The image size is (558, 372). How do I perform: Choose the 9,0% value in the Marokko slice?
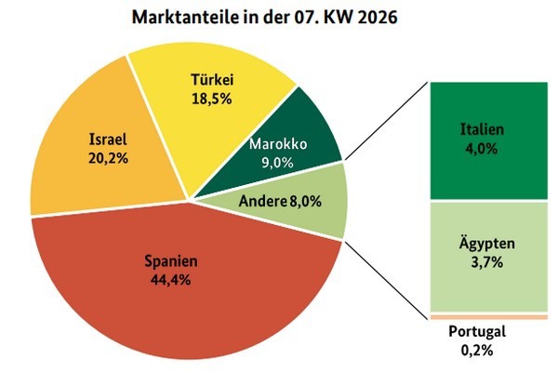(x=279, y=163)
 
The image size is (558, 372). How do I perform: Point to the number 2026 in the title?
(x=379, y=18)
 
